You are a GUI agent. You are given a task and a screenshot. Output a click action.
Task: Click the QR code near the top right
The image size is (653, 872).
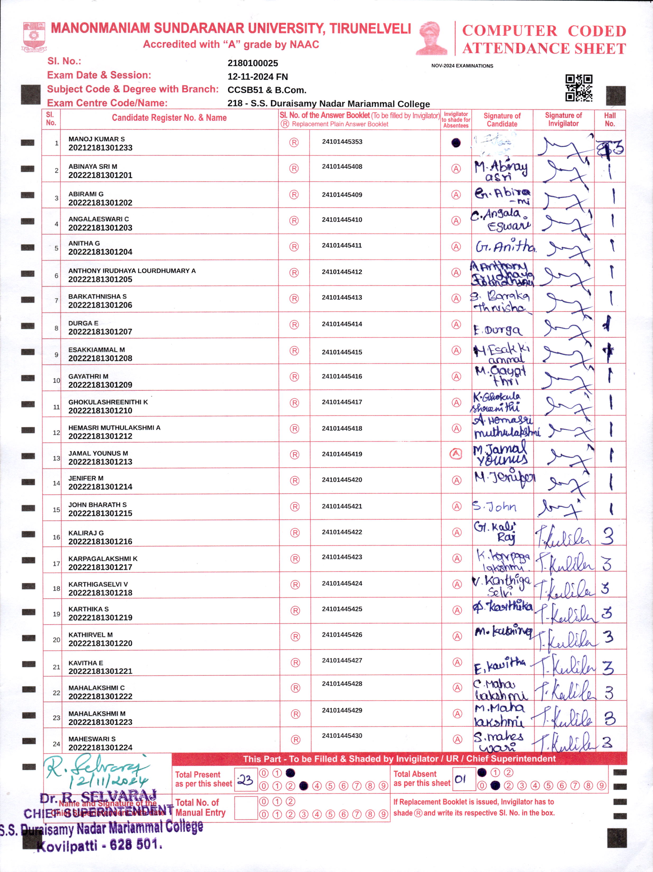click(579, 87)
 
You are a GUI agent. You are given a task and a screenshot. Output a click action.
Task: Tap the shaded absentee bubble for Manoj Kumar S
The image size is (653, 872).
click(456, 143)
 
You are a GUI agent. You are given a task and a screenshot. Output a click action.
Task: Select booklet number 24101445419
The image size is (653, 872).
click(342, 454)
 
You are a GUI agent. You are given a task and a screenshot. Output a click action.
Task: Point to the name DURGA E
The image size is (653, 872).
click(83, 323)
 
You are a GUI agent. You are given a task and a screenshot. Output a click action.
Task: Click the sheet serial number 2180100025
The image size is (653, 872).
click(253, 63)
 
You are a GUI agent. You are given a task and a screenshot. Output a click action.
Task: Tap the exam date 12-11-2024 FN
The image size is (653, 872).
click(258, 77)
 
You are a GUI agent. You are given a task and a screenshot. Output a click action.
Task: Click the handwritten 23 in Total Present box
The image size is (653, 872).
click(245, 780)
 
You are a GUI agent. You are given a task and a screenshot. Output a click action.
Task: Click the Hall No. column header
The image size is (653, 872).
click(610, 119)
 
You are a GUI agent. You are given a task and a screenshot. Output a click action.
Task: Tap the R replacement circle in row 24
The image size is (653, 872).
click(295, 740)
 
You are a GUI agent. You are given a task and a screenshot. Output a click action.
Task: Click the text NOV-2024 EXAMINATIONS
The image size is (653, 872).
click(462, 66)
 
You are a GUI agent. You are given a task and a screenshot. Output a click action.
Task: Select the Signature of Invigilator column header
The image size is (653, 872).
click(563, 119)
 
